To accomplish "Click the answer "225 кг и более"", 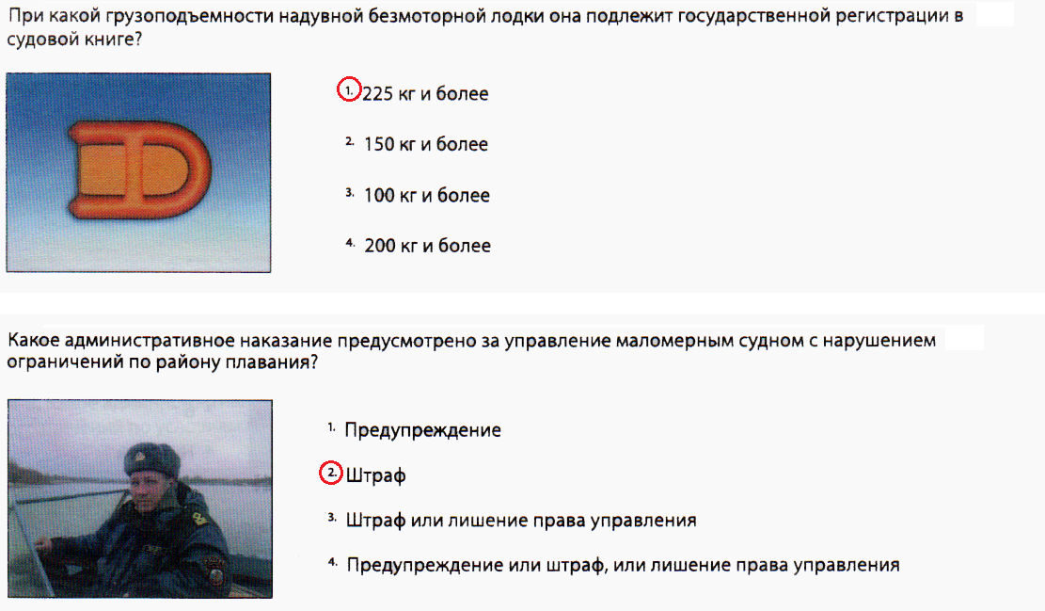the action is tap(425, 93).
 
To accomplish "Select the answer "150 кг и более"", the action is tap(426, 144).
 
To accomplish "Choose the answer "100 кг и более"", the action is tap(426, 196).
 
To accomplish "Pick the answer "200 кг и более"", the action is tap(427, 246).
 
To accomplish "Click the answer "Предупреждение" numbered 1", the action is tap(422, 430).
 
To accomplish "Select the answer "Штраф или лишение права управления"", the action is tap(521, 521).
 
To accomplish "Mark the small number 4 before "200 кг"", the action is tap(350, 243).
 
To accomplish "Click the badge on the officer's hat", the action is tap(141, 458).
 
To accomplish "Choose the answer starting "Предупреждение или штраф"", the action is tap(623, 565).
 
